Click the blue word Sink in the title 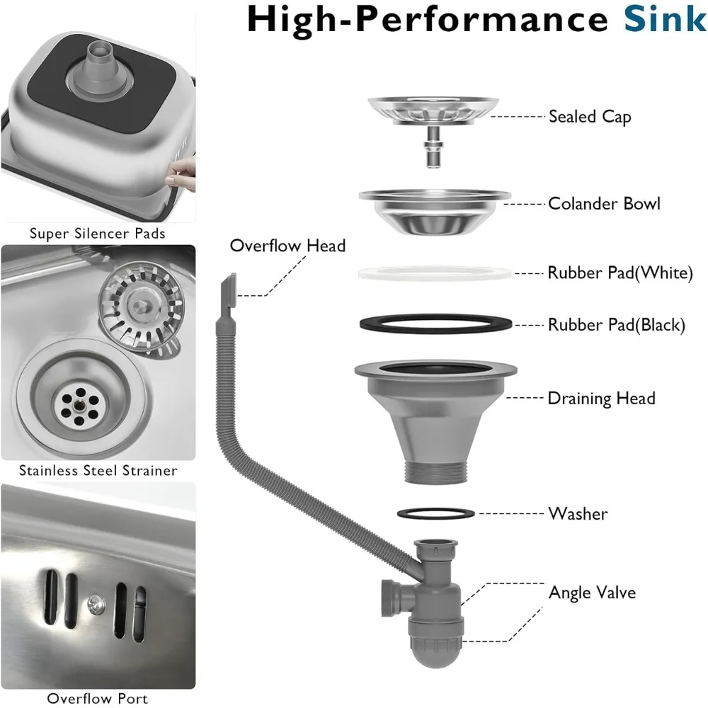click(664, 19)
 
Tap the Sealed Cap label click(590, 116)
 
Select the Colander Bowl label click(604, 204)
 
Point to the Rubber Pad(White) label click(619, 273)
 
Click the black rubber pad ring click(434, 323)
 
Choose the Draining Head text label click(601, 398)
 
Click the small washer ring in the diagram click(433, 512)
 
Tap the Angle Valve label click(592, 592)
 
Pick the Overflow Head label click(287, 246)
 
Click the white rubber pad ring click(434, 273)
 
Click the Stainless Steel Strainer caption click(98, 470)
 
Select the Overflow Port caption click(98, 698)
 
